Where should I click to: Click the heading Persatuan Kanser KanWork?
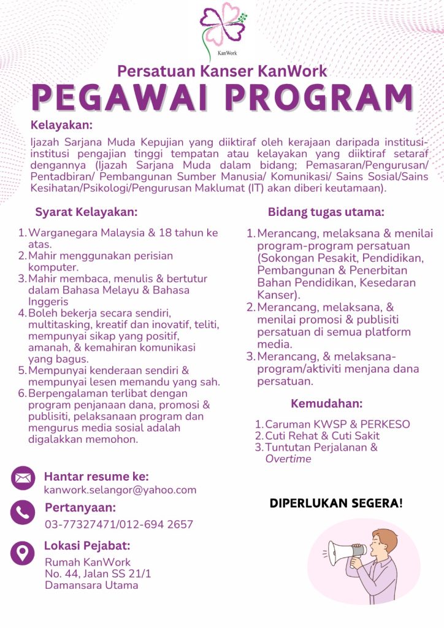222,71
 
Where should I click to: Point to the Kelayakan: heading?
61,126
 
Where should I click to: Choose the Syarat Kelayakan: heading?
86,212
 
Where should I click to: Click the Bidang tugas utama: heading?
326,212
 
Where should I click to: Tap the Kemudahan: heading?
326,404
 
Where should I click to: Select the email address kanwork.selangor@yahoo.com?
120,489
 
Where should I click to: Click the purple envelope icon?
23,478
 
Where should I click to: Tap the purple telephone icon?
23,513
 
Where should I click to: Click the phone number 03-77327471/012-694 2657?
119,524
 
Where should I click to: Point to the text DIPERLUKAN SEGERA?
336,504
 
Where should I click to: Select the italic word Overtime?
288,459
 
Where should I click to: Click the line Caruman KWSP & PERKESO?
337,424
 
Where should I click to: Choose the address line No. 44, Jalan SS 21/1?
98,573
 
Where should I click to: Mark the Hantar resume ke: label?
96,477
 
